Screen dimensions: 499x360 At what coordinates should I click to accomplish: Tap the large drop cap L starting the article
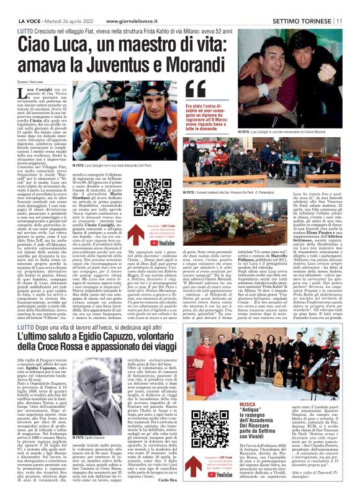pyautogui.click(x=23, y=95)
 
